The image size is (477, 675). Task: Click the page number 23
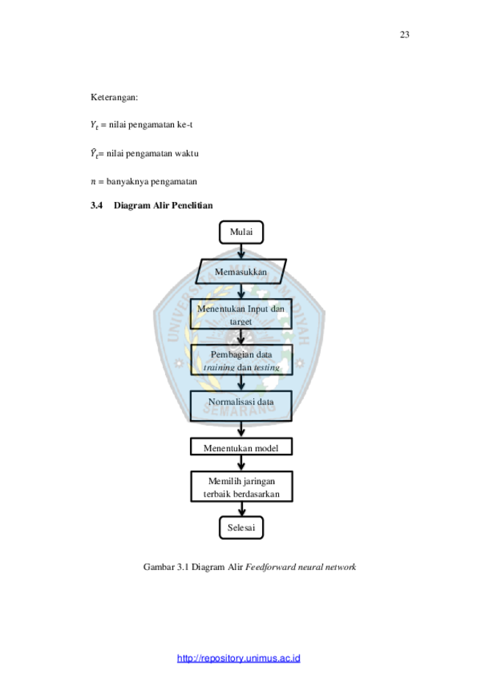(x=404, y=35)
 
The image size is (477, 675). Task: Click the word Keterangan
(x=114, y=98)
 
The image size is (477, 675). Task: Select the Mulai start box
(x=241, y=232)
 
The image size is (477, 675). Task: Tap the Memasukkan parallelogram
(x=241, y=272)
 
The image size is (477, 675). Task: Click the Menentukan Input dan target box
(x=241, y=314)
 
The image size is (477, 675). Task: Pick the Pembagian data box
(x=241, y=360)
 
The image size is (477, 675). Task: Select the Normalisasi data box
(x=241, y=406)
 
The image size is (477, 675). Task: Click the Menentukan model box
(x=241, y=447)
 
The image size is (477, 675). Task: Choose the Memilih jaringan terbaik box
(x=241, y=486)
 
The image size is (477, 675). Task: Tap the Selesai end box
(x=241, y=528)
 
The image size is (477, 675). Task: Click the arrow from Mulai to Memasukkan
(x=241, y=251)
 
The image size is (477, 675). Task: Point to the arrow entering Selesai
(x=241, y=509)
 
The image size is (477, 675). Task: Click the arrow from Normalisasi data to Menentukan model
(x=241, y=430)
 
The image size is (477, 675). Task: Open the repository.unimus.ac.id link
(x=238, y=658)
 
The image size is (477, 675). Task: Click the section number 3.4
(x=96, y=206)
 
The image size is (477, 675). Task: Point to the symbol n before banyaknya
(x=93, y=181)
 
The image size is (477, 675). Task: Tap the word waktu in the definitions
(x=186, y=154)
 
